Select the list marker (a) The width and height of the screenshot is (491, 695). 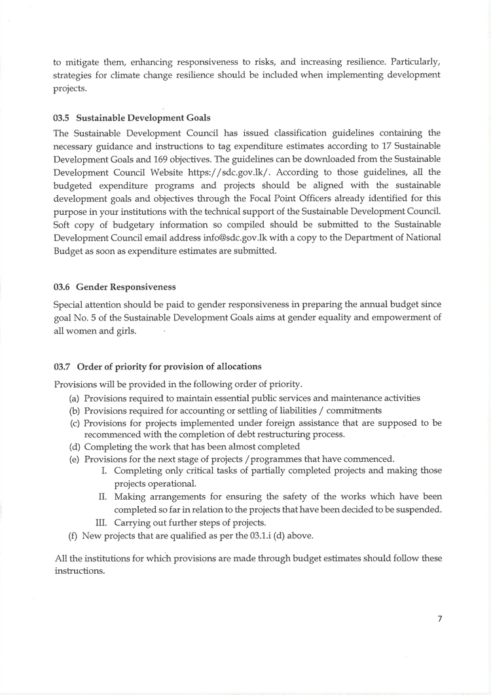tap(75, 398)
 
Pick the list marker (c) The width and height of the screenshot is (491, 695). tap(75, 423)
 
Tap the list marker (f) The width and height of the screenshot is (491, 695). tap(74, 535)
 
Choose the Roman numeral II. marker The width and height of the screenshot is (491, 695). tap(103, 497)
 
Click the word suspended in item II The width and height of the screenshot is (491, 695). tap(418, 510)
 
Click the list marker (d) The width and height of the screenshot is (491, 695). tap(75, 447)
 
